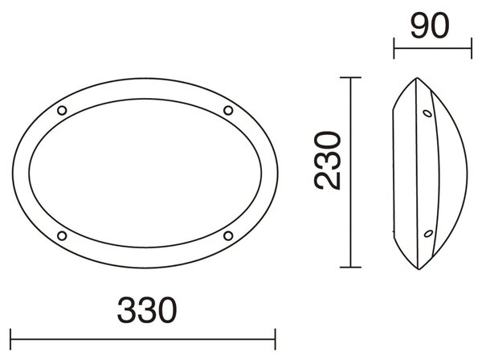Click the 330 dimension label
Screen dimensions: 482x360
coord(147,310)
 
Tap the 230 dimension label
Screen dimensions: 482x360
coord(328,160)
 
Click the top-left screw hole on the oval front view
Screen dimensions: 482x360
coord(62,110)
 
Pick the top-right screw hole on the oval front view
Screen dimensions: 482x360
coord(228,110)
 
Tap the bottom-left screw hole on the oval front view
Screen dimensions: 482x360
coord(62,235)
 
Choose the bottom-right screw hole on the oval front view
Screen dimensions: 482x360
coord(228,235)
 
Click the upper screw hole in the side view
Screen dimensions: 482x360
coord(427,113)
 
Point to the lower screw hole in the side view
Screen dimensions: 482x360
coord(428,234)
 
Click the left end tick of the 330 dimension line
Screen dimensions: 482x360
coord(10,339)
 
